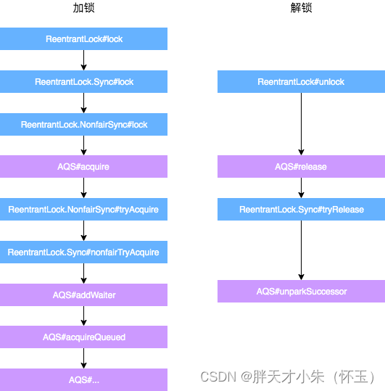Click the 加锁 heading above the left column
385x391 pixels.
[83, 9]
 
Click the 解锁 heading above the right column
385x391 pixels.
[301, 9]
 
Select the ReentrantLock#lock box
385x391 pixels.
[83, 39]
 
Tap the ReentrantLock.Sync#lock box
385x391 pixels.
[83, 82]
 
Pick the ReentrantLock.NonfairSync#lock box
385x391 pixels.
[83, 125]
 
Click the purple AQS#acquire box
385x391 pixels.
[83, 167]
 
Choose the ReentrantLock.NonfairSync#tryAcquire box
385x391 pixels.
[83, 210]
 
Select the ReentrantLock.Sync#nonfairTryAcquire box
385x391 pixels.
[83, 252]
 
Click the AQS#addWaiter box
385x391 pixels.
[83, 295]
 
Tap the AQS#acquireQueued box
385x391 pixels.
[83, 337]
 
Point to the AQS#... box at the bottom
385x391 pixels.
[83, 379]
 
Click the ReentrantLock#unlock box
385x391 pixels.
[301, 82]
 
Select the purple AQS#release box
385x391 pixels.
[301, 167]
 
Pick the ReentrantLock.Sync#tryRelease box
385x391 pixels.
[301, 210]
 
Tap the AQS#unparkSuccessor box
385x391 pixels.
[301, 292]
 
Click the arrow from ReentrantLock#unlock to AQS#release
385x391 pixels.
[301, 124]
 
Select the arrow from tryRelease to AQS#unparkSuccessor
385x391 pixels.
[301, 250]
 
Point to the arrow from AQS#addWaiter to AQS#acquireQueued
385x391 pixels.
[84, 316]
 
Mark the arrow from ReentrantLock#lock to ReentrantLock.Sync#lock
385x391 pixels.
[84, 60]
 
